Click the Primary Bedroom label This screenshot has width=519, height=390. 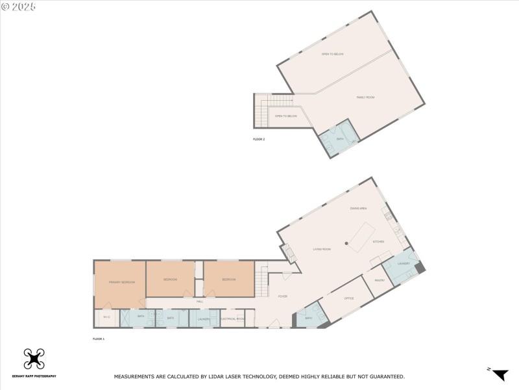[122, 282]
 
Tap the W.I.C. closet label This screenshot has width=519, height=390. [106, 317]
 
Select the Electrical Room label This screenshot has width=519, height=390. [232, 318]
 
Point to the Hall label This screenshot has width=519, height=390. [200, 301]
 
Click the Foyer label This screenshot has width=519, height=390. [283, 296]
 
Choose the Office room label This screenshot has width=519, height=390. [348, 298]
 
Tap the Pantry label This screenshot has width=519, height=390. [380, 280]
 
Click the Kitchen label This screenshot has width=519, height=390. [378, 242]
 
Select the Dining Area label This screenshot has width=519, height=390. [359, 208]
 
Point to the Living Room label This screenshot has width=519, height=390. [322, 249]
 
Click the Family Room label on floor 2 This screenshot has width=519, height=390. [366, 97]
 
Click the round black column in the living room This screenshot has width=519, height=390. [346, 244]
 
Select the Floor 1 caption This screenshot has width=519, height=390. [99, 339]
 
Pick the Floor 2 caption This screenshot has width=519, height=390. [259, 139]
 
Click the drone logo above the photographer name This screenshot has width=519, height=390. [34, 359]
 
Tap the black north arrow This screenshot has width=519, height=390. [500, 374]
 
